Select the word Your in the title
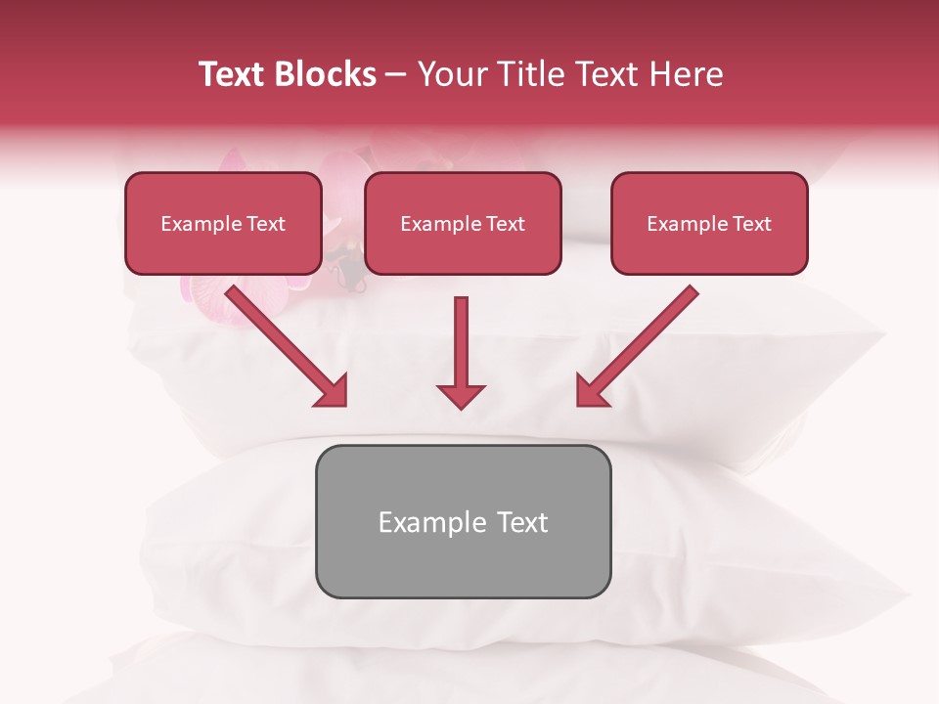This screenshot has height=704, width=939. point(451,74)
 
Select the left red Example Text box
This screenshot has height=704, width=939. point(223,223)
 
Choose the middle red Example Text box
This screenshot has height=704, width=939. point(463,223)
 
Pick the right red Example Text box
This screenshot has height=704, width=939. point(709,223)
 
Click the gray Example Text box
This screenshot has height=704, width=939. point(463,521)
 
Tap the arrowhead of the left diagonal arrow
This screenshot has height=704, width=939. point(333,391)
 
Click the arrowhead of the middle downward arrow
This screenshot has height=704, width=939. point(461,395)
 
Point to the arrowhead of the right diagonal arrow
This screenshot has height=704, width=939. point(590,391)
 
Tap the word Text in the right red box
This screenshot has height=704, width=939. point(750,224)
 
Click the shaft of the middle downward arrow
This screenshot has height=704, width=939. point(461,337)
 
